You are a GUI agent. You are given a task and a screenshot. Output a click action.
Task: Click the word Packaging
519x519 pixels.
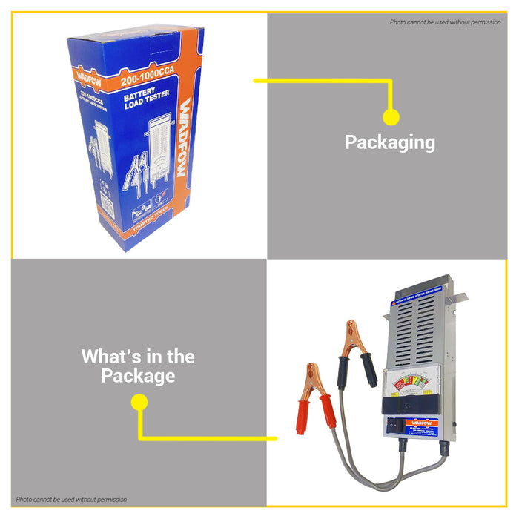pos(390,142)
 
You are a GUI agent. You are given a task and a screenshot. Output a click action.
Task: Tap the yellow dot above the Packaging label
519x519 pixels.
pos(391,116)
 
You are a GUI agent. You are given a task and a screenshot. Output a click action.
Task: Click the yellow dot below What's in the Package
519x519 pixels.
pos(139,402)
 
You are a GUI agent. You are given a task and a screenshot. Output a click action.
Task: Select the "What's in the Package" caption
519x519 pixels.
pos(138,366)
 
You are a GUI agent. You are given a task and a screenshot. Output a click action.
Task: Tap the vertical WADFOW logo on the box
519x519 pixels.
pos(185,137)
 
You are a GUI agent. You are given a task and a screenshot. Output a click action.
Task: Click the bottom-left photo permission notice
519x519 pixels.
pos(72,500)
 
